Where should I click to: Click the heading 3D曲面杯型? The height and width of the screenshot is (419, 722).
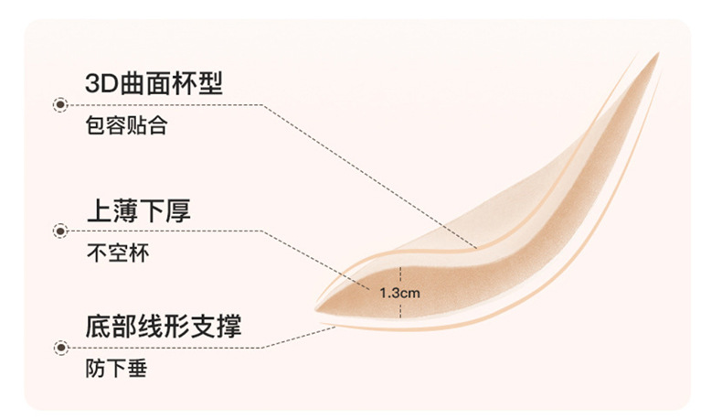pyautogui.click(x=154, y=83)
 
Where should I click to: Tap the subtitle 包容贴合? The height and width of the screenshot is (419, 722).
pyautogui.click(x=126, y=125)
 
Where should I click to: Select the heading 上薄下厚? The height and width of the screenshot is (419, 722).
pyautogui.click(x=139, y=210)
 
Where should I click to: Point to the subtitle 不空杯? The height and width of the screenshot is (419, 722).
pyautogui.click(x=118, y=252)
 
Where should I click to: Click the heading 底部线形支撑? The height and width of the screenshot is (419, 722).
pyautogui.click(x=164, y=326)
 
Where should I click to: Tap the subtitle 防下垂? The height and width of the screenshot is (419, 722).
pyautogui.click(x=116, y=369)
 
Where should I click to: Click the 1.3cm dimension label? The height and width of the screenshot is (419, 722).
pyautogui.click(x=399, y=293)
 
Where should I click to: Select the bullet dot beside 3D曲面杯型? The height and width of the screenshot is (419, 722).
pyautogui.click(x=60, y=105)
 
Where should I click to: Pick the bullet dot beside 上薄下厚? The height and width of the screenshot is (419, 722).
pyautogui.click(x=60, y=231)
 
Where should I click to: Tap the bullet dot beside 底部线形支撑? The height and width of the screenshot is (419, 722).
pyautogui.click(x=61, y=348)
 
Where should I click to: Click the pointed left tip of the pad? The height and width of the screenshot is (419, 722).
pyautogui.click(x=316, y=309)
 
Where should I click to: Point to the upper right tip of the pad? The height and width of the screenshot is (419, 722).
pyautogui.click(x=658, y=54)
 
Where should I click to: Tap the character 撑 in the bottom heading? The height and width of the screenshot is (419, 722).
pyautogui.click(x=228, y=326)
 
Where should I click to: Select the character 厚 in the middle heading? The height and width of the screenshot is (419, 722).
pyautogui.click(x=178, y=210)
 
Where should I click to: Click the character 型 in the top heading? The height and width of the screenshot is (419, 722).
pyautogui.click(x=210, y=83)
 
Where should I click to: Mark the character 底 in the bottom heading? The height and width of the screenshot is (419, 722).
pyautogui.click(x=99, y=326)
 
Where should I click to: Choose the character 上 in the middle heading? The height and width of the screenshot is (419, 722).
pyautogui.click(x=100, y=210)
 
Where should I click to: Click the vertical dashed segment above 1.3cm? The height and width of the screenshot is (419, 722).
pyautogui.click(x=400, y=275)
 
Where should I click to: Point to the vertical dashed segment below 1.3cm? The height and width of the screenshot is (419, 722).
pyautogui.click(x=400, y=309)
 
